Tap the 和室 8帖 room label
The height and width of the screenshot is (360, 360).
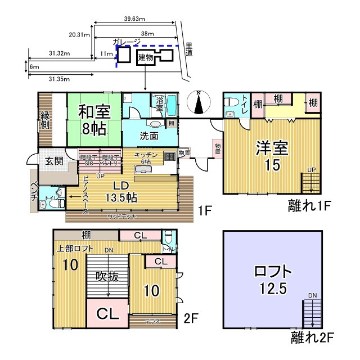click(94, 119)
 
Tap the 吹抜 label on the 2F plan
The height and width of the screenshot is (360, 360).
click(107, 276)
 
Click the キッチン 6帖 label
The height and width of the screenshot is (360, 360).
click(146, 157)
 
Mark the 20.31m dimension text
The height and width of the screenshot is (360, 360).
click(79, 34)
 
